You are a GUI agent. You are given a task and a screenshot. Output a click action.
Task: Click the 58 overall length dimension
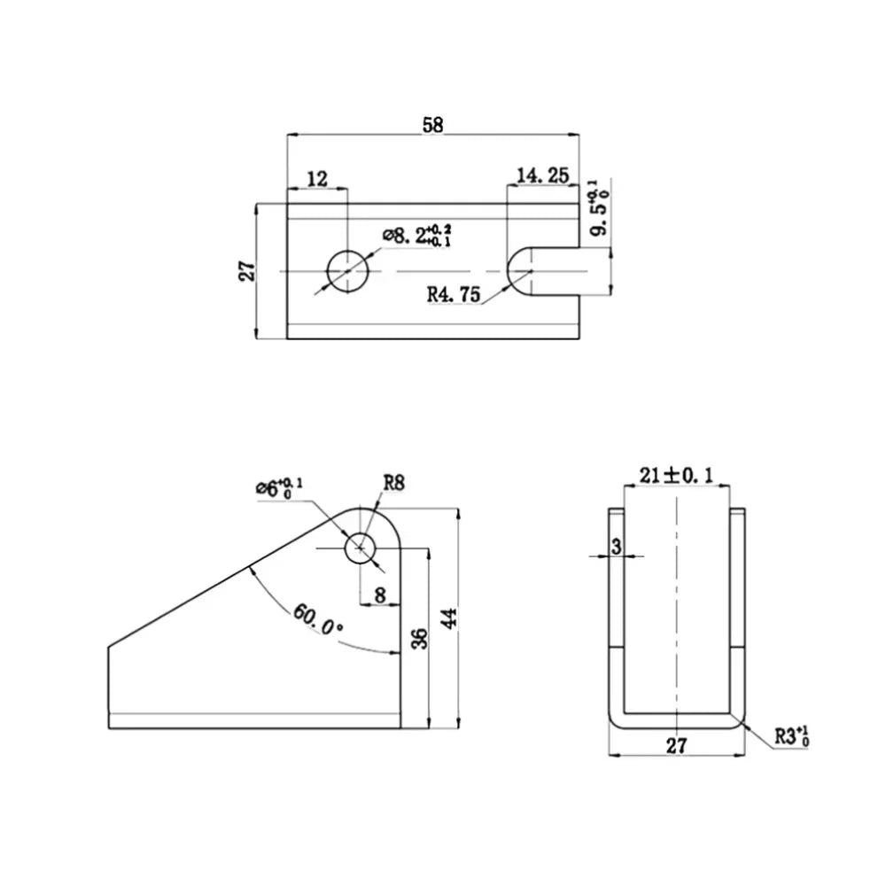(x=432, y=125)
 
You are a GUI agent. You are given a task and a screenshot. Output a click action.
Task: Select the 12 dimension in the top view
(x=316, y=179)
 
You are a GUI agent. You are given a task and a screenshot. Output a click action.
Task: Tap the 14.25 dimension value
(x=541, y=176)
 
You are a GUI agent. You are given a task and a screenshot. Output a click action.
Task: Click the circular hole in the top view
(x=348, y=270)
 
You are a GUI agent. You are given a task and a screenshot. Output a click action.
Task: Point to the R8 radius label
(x=394, y=483)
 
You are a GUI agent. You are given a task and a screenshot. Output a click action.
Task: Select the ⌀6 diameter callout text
(x=278, y=486)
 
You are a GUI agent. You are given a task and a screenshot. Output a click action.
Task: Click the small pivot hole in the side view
(x=360, y=548)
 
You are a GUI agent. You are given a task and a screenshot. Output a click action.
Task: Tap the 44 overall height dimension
(x=450, y=618)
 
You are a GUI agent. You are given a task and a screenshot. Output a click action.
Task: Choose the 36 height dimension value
(x=420, y=638)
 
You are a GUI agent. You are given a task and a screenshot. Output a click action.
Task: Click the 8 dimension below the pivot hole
(x=380, y=595)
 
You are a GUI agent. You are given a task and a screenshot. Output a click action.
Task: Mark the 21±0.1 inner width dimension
(x=676, y=476)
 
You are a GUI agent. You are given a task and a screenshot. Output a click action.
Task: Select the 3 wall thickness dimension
(x=616, y=548)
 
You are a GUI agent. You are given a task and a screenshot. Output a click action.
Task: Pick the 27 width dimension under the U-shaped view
(x=676, y=746)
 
